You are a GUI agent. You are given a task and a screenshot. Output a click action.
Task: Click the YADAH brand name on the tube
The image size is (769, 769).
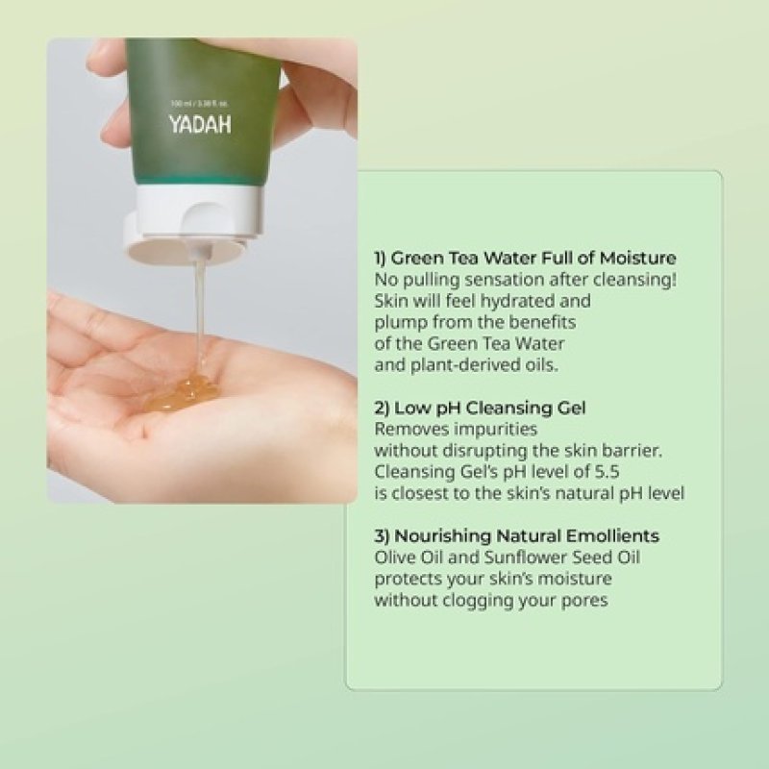coord(200,124)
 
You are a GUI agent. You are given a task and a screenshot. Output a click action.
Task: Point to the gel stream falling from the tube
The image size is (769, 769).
coord(200,308)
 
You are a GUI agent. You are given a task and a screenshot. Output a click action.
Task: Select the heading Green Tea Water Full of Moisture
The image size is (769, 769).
coord(525,258)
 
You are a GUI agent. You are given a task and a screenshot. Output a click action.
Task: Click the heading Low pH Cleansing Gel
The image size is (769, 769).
coord(481,408)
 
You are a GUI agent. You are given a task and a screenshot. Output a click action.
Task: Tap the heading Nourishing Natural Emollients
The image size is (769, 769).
coord(517,535)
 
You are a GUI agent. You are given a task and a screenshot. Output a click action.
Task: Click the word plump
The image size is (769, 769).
coord(397,322)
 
